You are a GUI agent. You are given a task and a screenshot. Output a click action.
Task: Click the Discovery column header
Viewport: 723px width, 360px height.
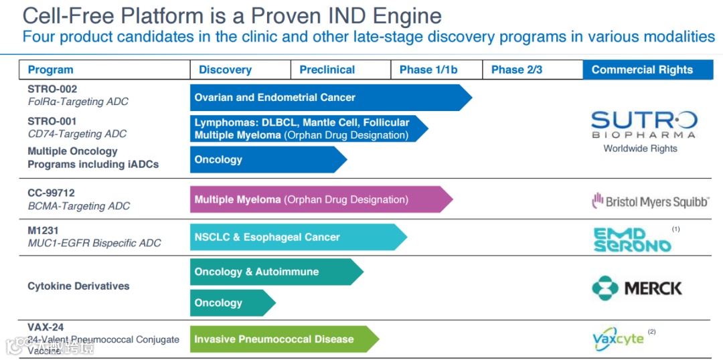tap(225, 70)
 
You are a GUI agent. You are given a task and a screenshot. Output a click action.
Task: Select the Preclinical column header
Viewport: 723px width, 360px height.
tap(327, 70)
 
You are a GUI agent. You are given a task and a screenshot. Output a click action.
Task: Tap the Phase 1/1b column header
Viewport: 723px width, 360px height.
tap(428, 70)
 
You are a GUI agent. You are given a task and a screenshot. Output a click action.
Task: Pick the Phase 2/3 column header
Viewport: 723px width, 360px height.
tap(516, 70)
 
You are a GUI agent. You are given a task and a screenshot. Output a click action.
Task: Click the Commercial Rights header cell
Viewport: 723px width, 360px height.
tap(642, 70)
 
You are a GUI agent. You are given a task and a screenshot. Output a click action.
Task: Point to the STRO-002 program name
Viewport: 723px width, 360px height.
tap(52, 89)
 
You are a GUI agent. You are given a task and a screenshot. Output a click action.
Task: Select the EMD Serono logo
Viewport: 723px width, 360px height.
tap(632, 240)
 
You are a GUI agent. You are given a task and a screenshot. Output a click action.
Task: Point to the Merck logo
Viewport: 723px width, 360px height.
tap(637, 288)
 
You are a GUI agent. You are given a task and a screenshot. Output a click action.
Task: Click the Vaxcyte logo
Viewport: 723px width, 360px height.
tap(618, 339)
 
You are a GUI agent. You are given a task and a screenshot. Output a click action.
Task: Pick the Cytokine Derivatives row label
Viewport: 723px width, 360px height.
tap(78, 286)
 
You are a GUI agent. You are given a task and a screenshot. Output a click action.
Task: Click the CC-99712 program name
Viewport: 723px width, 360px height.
tap(51, 193)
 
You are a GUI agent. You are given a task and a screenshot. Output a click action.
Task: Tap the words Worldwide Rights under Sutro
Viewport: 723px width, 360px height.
tap(640, 149)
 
